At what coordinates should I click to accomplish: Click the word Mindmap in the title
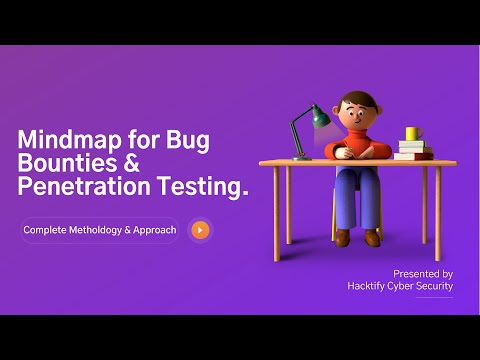pos(65,139)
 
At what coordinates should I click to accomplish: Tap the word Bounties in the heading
pos(62,162)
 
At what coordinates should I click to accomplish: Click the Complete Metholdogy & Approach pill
pos(99,230)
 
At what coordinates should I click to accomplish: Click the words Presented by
pos(423,273)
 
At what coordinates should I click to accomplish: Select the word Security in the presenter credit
pos(433,286)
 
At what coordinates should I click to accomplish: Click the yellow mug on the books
pos(412,134)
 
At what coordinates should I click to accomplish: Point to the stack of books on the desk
pos(412,150)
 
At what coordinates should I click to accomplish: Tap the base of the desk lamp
pos(302,156)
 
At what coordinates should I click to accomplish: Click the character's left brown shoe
pos(341,237)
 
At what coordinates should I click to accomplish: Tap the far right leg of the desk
pos(438,210)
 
